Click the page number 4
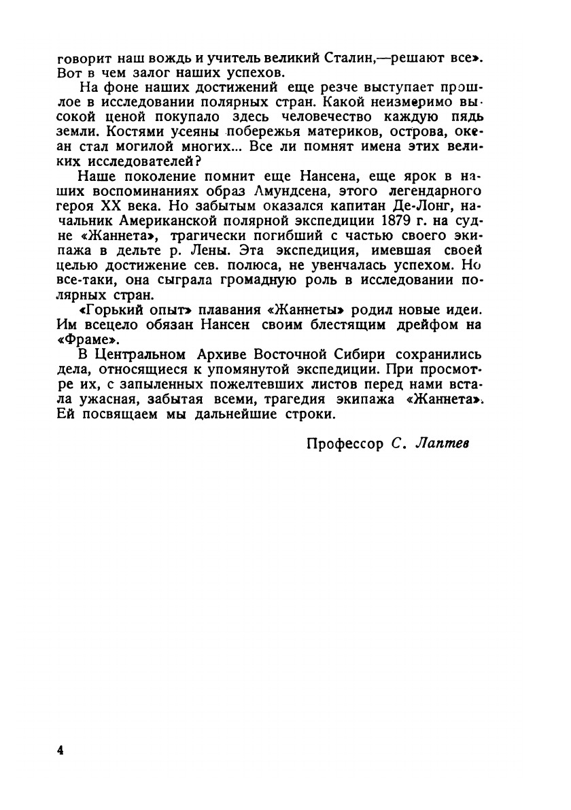pyautogui.click(x=60, y=751)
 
